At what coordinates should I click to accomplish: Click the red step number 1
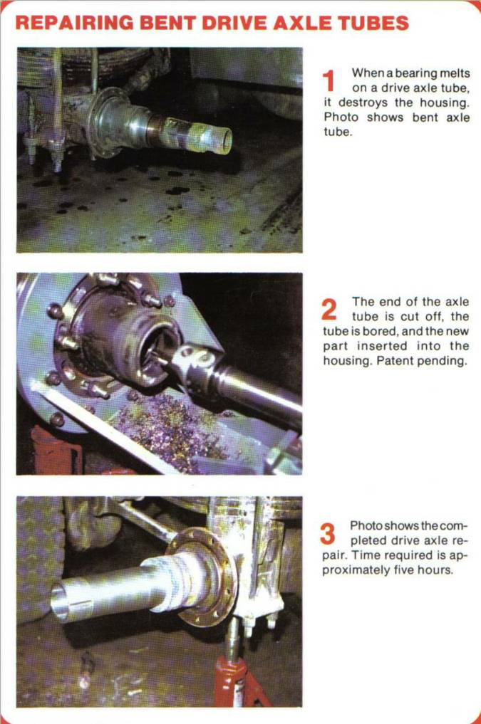[x=328, y=81]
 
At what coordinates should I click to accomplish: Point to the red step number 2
[x=329, y=310]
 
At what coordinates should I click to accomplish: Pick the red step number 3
[x=328, y=534]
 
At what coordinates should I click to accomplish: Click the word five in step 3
[x=405, y=570]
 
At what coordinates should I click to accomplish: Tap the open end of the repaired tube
[x=60, y=600]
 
